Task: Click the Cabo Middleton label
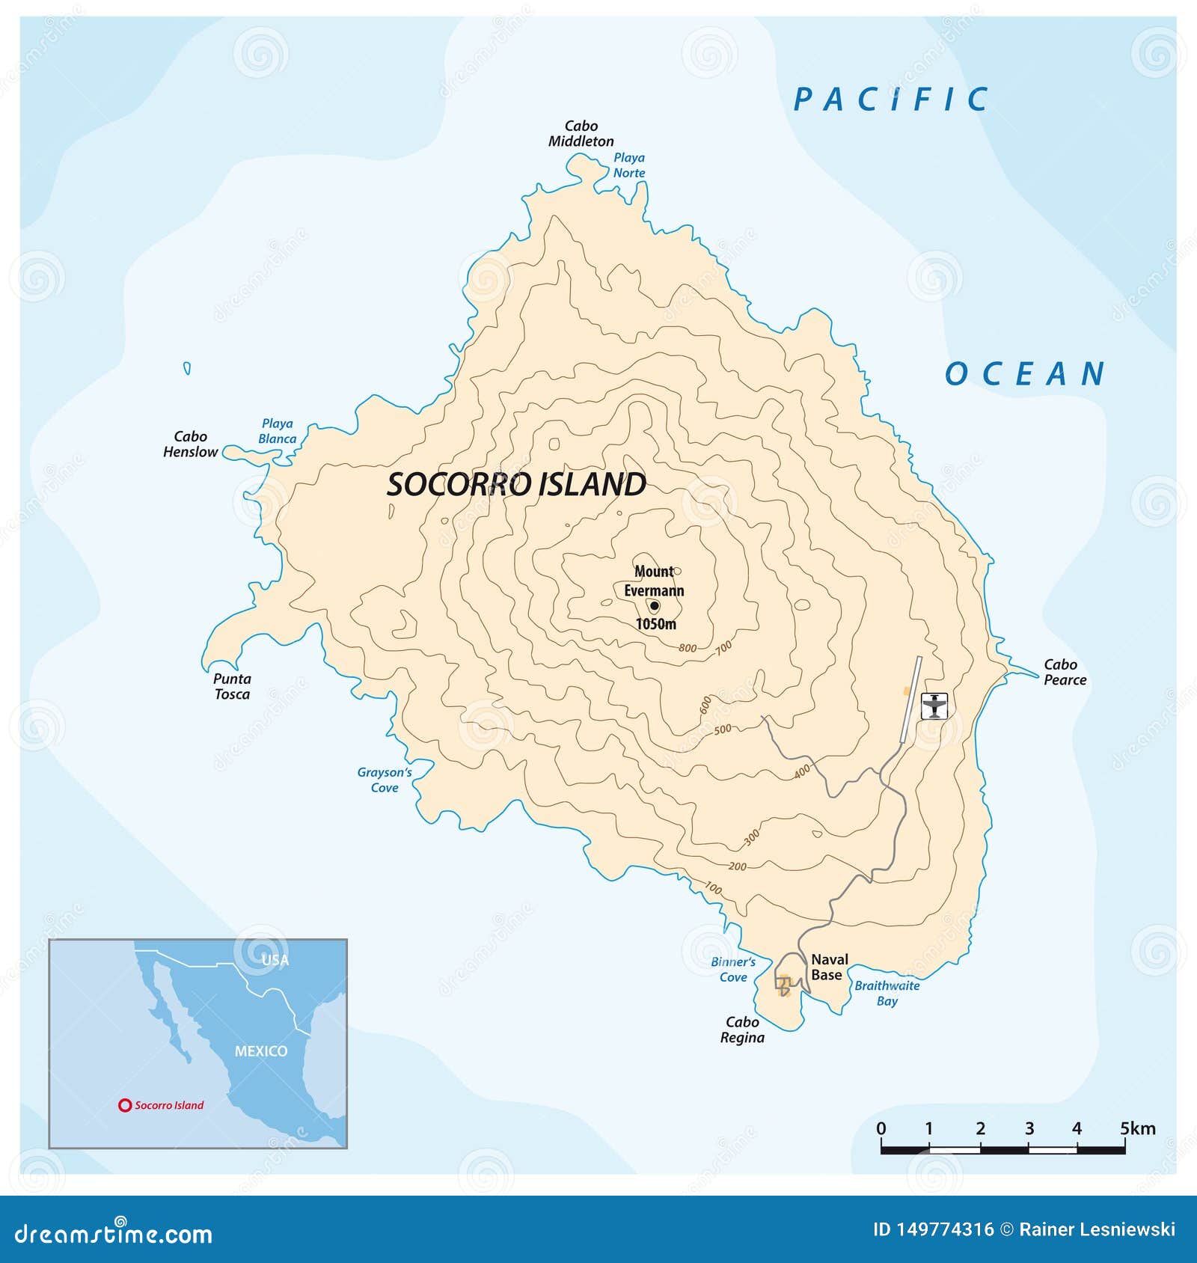coord(581,134)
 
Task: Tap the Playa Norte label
coord(629,165)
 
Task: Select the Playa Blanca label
coord(277,431)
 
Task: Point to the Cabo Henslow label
coord(190,444)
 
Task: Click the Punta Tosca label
coord(232,686)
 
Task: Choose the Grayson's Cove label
coord(385,780)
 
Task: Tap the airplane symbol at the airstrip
coord(934,706)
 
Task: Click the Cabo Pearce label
coord(1065,672)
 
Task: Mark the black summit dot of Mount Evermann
coord(655,606)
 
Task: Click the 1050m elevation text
coord(656,624)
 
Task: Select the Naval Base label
coord(829,967)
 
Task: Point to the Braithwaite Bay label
coord(887,993)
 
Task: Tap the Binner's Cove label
coord(733,969)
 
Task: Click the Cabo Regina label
coord(742,1030)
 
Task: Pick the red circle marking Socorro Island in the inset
coord(125,1105)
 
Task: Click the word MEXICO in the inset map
coord(261,1051)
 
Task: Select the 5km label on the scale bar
coord(1137,1128)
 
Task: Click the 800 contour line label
coord(688,648)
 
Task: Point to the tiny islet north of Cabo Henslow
coord(187,368)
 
